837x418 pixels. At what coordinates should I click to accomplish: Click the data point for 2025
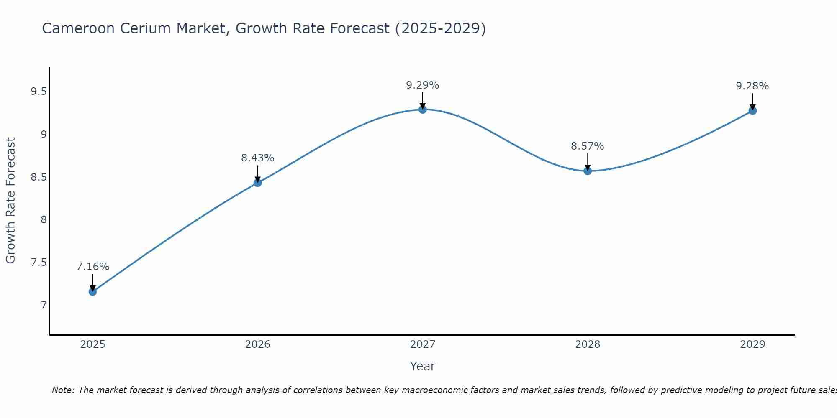point(92,291)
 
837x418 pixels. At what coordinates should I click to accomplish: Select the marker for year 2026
point(257,183)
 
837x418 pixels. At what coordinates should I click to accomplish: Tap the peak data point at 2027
point(423,110)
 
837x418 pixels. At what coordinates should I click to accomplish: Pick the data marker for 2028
point(588,171)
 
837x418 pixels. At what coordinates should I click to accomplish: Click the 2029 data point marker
point(752,111)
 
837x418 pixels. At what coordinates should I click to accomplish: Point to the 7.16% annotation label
point(93,267)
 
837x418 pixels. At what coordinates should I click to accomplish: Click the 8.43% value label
point(257,158)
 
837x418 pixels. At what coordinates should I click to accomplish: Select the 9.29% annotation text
point(423,85)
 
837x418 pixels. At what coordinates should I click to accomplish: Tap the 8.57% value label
point(588,146)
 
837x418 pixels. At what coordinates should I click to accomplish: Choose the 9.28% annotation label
point(752,86)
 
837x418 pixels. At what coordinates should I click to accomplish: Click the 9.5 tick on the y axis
point(39,92)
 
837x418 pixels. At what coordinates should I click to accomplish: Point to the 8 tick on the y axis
point(44,219)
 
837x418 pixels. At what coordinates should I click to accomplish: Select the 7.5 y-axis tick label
point(39,263)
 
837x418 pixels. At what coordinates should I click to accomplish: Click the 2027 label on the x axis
point(423,344)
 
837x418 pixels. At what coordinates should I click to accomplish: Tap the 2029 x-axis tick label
point(752,344)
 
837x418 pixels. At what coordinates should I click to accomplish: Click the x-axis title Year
point(423,366)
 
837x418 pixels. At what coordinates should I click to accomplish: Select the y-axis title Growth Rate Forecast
point(10,201)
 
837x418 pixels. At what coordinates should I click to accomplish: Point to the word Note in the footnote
point(62,390)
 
